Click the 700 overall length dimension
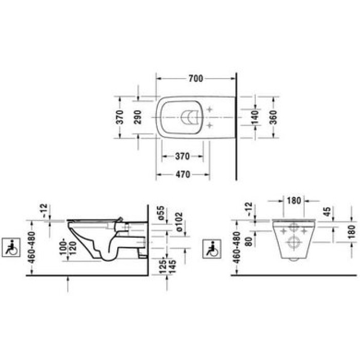[x=195, y=79]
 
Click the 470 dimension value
[x=183, y=174]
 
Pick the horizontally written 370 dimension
[x=183, y=156]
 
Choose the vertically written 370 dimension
[x=119, y=118]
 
